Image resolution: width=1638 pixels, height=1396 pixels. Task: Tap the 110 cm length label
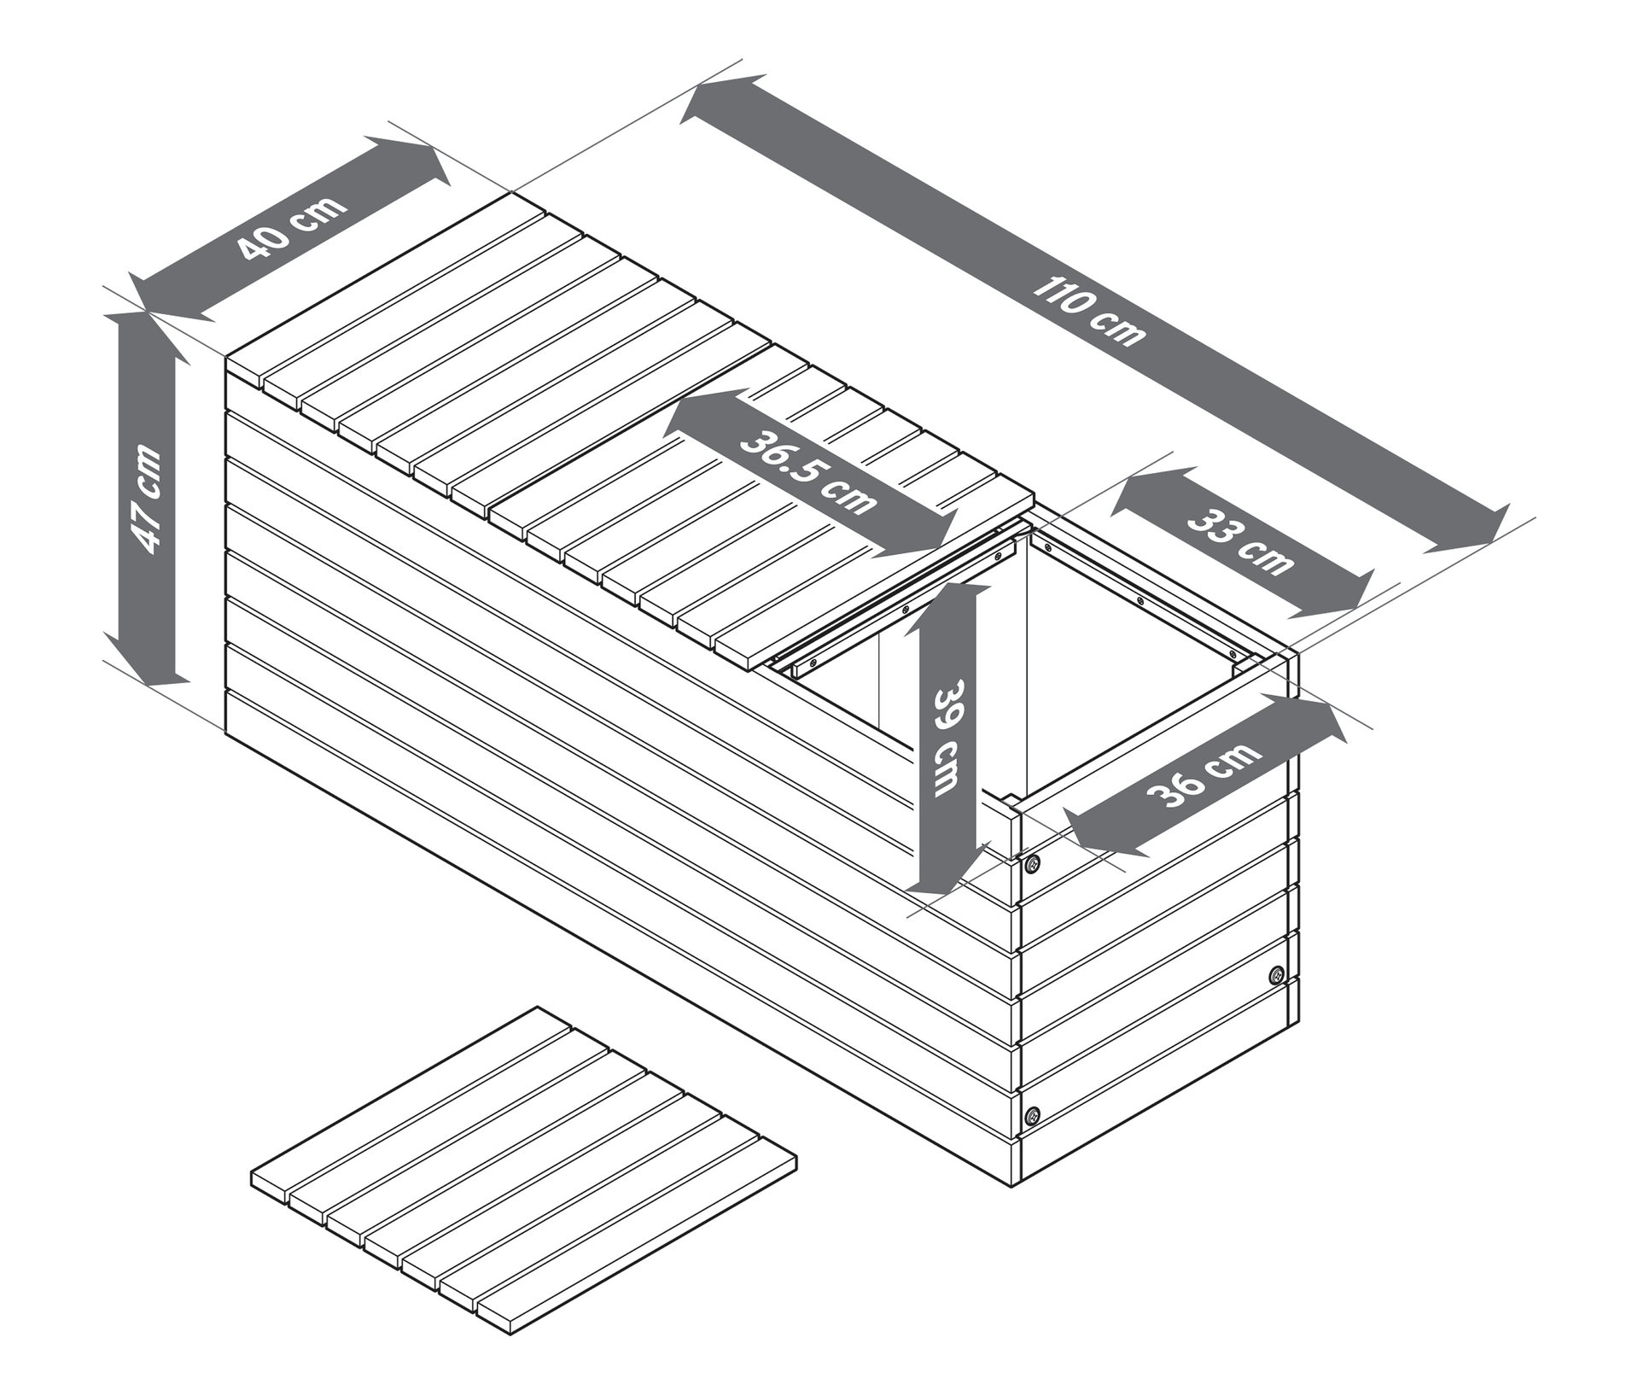1090,311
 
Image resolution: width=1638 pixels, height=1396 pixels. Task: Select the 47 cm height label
145,498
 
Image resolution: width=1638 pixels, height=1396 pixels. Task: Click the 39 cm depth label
947,739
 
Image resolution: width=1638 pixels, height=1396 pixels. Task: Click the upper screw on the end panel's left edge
1034,863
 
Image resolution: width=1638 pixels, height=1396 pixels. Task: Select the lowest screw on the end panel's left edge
1034,1113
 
